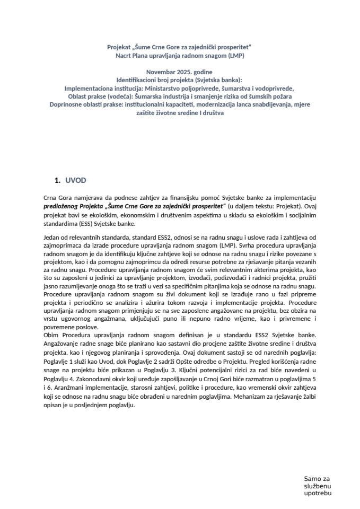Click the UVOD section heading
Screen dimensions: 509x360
point(76,180)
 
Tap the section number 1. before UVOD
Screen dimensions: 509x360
point(58,180)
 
